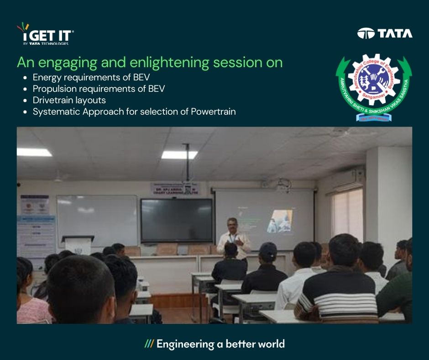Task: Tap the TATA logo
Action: pyautogui.click(x=385, y=33)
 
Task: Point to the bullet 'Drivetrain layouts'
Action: pyautogui.click(x=69, y=100)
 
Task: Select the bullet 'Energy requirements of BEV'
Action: pyautogui.click(x=91, y=77)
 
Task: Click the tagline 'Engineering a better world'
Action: pyautogui.click(x=220, y=344)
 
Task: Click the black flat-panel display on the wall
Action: pyautogui.click(x=176, y=220)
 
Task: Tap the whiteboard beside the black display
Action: pyautogui.click(x=97, y=220)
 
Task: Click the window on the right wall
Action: pyautogui.click(x=348, y=212)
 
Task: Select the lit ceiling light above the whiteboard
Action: pyautogui.click(x=34, y=152)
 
